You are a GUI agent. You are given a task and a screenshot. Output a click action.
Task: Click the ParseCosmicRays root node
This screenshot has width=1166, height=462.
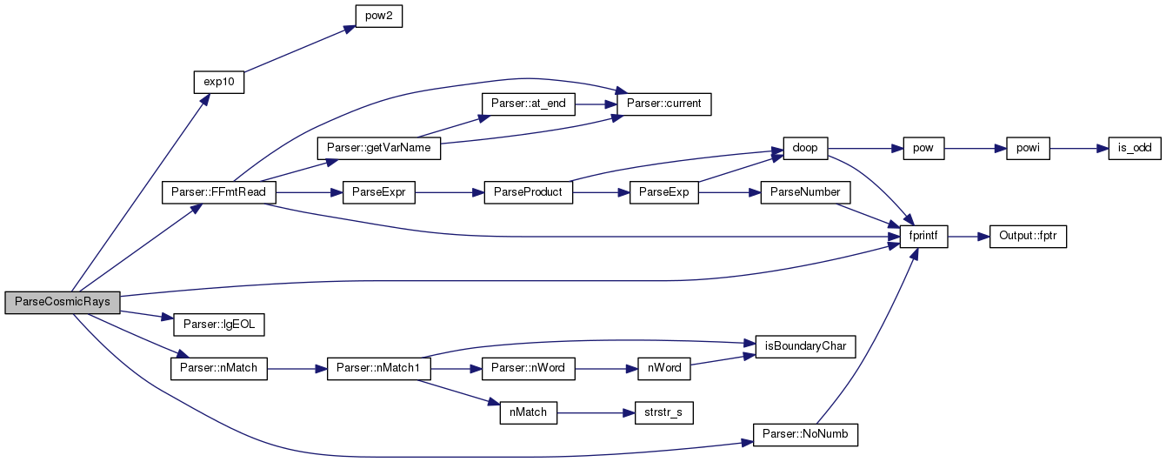click(x=63, y=303)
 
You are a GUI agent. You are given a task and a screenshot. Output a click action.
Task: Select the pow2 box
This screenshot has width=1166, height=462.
click(x=379, y=17)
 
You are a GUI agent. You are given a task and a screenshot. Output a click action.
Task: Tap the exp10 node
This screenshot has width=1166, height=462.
click(x=219, y=83)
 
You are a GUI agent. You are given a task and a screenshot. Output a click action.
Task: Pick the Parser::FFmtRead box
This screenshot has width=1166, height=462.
click(x=218, y=192)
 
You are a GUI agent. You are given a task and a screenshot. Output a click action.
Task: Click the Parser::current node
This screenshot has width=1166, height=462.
click(x=663, y=104)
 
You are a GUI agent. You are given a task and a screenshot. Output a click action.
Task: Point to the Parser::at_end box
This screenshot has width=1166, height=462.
click(x=529, y=104)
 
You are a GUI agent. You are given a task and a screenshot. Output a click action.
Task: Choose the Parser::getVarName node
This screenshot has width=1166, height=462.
click(x=379, y=149)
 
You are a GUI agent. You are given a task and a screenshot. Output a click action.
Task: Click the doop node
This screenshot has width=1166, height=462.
click(x=805, y=149)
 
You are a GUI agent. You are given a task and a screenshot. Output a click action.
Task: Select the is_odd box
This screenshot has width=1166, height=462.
click(x=1135, y=149)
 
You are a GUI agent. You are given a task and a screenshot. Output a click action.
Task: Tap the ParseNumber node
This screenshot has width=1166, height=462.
click(x=805, y=192)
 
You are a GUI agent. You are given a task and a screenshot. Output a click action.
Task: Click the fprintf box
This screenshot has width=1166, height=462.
click(x=924, y=237)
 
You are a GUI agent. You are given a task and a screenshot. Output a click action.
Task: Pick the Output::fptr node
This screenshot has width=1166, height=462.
click(x=1028, y=237)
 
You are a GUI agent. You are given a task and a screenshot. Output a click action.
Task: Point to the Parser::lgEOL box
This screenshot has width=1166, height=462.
click(x=219, y=325)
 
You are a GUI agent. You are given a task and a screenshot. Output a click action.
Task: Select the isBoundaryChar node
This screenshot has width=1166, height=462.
click(x=805, y=346)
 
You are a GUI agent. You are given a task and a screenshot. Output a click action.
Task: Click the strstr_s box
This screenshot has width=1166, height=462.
click(x=663, y=413)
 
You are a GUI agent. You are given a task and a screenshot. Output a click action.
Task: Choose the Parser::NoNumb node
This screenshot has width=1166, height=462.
click(x=805, y=435)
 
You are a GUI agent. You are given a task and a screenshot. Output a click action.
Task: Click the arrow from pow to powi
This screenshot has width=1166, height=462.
click(x=976, y=149)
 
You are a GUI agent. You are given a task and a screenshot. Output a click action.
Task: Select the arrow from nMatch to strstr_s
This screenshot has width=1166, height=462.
click(x=596, y=413)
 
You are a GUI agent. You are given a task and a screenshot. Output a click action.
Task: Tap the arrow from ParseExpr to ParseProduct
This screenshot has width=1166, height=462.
click(x=450, y=192)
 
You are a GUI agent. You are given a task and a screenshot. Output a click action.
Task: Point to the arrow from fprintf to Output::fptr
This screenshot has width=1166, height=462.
click(x=969, y=237)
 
